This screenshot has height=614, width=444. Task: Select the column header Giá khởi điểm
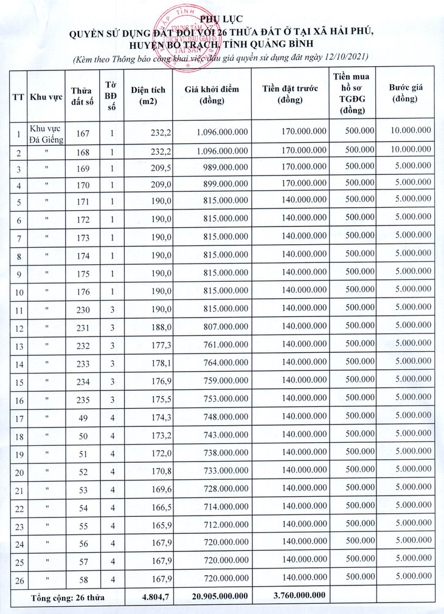click(212, 94)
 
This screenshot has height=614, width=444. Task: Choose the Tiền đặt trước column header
click(290, 94)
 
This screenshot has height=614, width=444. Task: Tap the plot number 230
click(83, 310)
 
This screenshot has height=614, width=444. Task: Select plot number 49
click(83, 417)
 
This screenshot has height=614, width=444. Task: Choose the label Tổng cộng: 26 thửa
click(68, 597)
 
